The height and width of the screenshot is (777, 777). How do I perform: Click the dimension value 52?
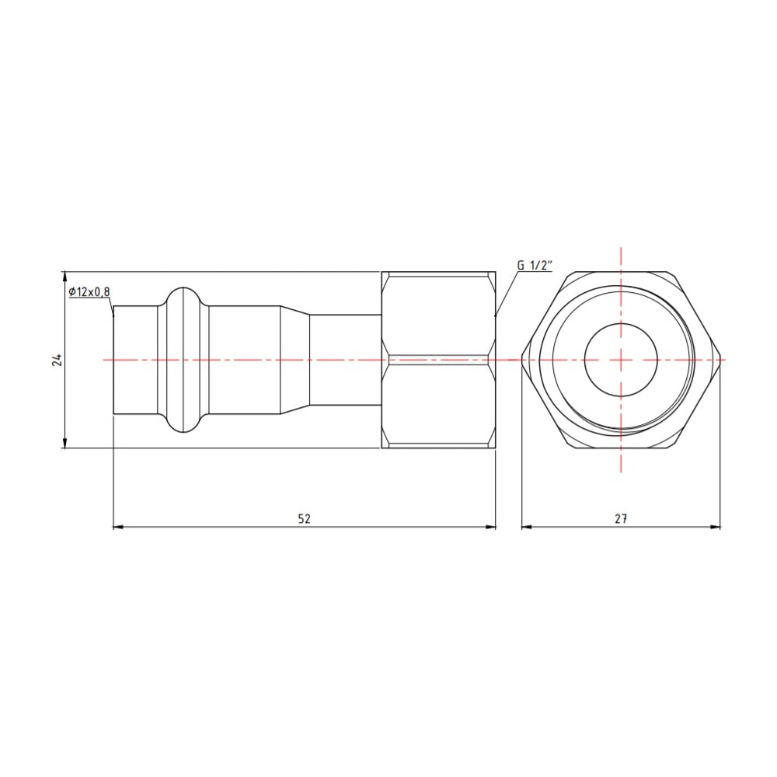pos(304,519)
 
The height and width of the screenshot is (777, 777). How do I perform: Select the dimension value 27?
pos(620,519)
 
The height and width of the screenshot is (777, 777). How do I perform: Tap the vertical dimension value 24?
pos(55,360)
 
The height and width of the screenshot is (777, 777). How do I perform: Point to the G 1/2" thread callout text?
pos(534,266)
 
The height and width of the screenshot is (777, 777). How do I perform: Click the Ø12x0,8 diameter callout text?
pos(89,291)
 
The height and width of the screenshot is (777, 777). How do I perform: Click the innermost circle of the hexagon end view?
pos(621,360)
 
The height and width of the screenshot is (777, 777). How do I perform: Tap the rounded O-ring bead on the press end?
pos(183,360)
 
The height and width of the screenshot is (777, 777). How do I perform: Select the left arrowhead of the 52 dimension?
pos(119,528)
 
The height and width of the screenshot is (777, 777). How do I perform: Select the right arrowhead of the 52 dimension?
pos(490,528)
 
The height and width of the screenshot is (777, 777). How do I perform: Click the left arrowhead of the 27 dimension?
pos(526,528)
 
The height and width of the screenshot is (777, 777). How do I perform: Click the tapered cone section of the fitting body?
pos(294,360)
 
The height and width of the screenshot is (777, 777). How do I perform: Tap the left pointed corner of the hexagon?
pos(522,360)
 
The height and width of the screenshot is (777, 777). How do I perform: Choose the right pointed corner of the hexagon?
pos(720,360)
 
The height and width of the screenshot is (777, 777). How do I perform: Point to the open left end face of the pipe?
pos(115,360)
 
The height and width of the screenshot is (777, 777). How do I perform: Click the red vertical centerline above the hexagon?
pos(621,260)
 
